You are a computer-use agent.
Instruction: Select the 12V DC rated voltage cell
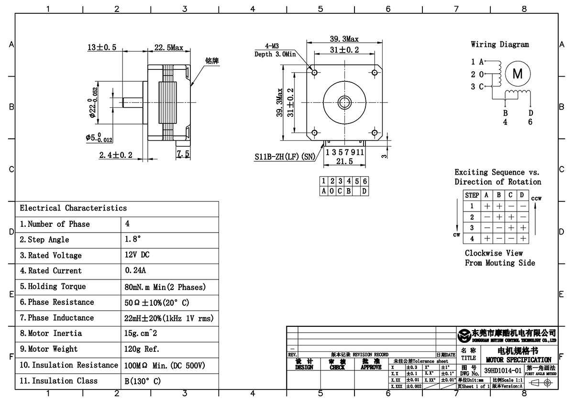[x=137, y=255]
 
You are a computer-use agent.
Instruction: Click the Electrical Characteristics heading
[x=73, y=208]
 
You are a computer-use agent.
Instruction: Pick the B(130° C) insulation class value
[x=143, y=381]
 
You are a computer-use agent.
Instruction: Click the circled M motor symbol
[x=518, y=74]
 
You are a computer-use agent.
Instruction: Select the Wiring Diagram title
[x=500, y=45]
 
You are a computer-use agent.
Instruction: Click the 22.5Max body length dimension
[x=168, y=47]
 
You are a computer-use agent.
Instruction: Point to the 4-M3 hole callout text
[x=272, y=46]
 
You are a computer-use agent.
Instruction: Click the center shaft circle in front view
[x=344, y=102]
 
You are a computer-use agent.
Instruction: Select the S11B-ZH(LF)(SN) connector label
[x=285, y=156]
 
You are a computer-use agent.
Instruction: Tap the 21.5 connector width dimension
[x=344, y=162]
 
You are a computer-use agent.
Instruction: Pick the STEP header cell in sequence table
[x=472, y=195]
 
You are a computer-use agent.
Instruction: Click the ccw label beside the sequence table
[x=536, y=199]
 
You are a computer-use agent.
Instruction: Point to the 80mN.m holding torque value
[x=165, y=287]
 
